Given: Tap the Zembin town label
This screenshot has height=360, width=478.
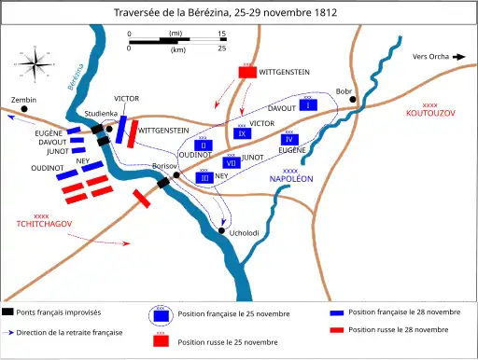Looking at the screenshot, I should [x=23, y=99].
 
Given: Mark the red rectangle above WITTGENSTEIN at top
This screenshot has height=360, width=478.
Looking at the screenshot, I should [x=247, y=71].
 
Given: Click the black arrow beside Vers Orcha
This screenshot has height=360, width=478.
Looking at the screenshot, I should [x=459, y=57].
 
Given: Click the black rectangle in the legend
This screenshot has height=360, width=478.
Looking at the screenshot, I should [x=9, y=312].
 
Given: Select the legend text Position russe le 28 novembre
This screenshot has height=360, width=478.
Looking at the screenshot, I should [x=398, y=329].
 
